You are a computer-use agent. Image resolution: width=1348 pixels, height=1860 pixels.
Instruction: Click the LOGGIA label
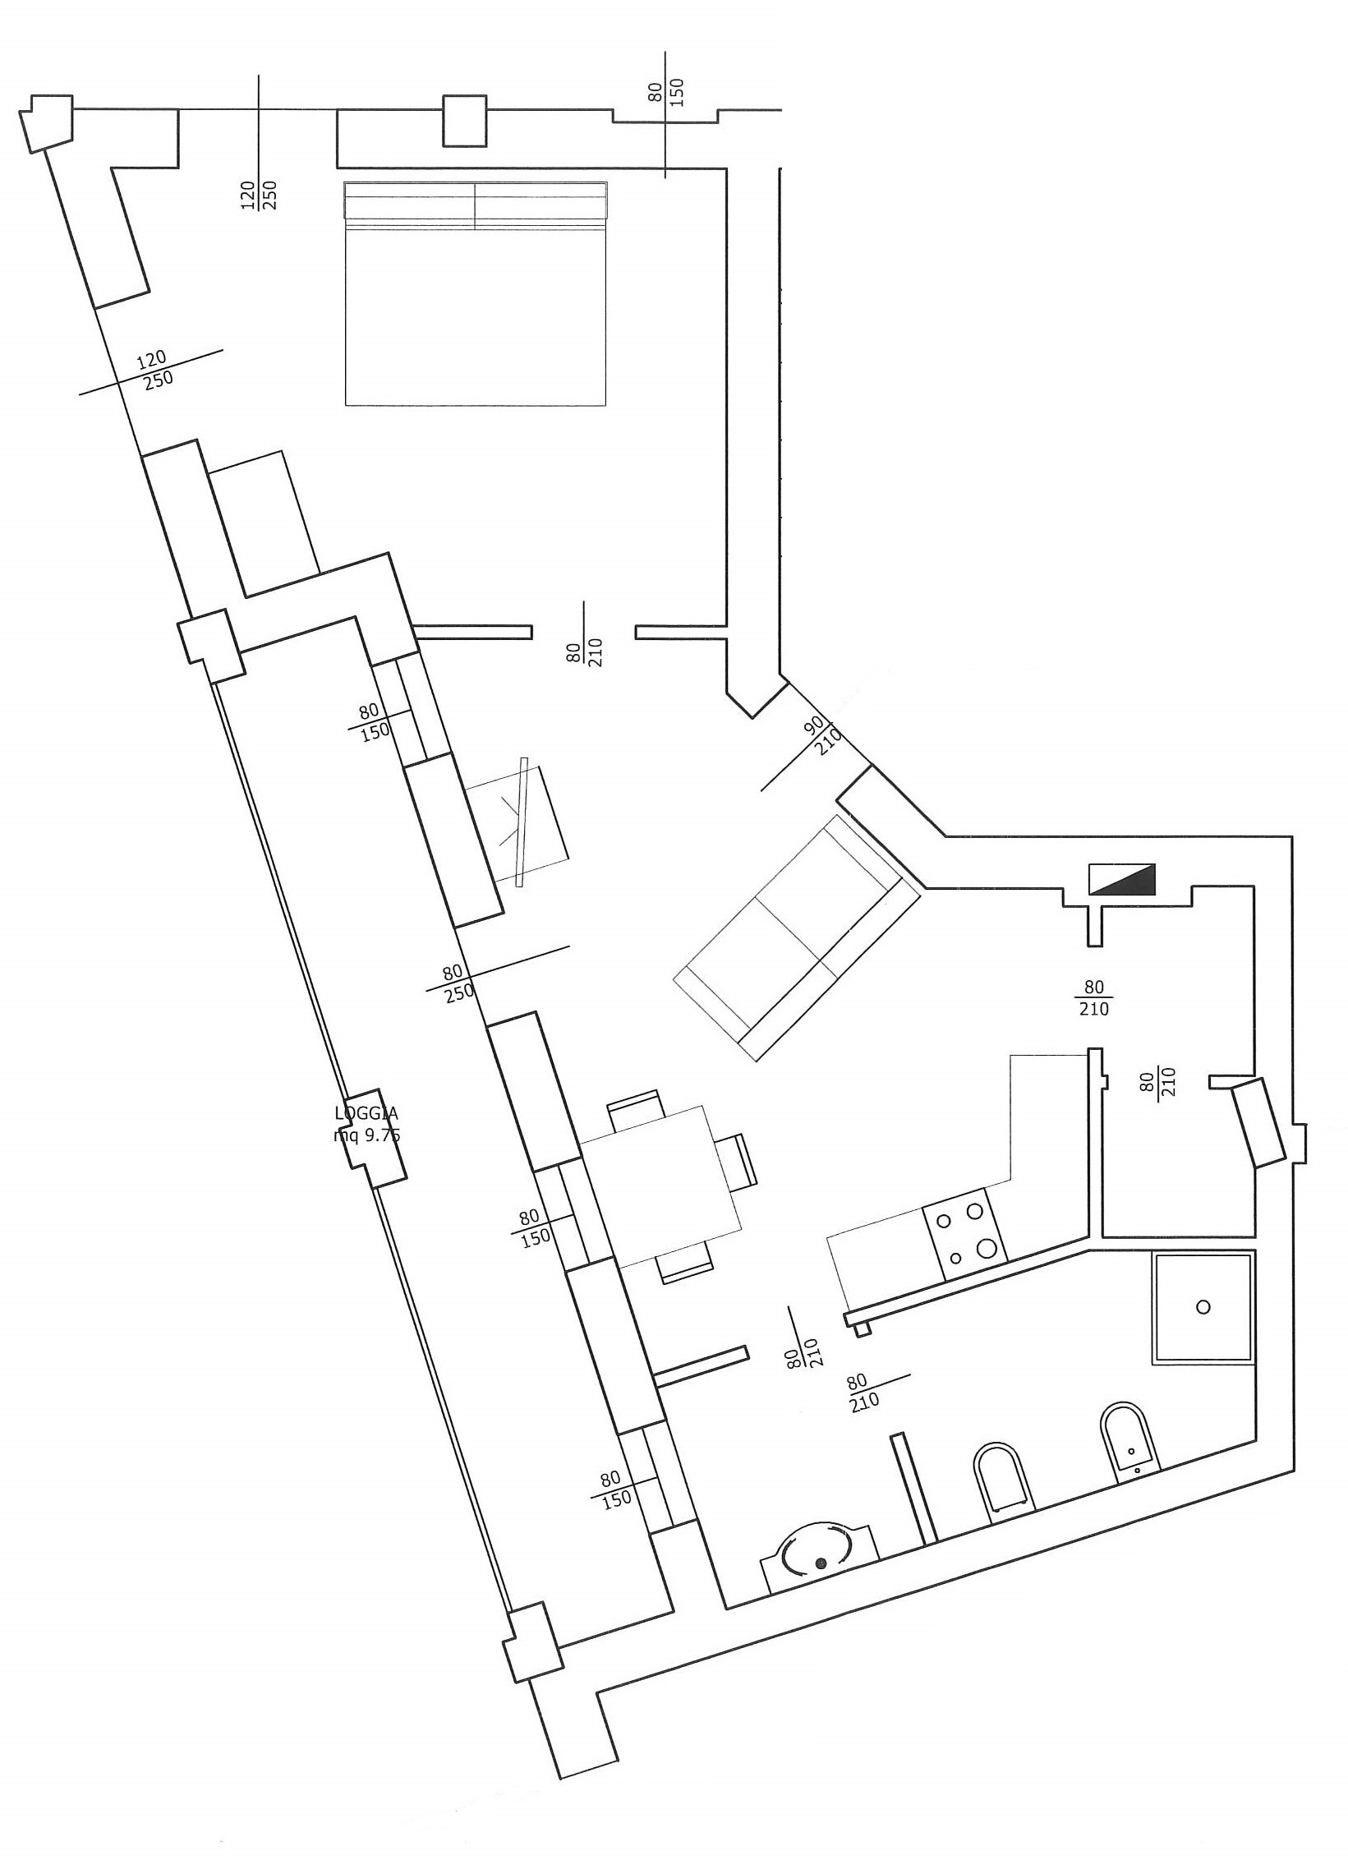coord(366,1114)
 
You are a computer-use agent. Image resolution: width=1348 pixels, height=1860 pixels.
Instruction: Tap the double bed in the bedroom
coord(476,293)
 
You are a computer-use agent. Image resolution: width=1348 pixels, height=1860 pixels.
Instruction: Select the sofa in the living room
coord(796,937)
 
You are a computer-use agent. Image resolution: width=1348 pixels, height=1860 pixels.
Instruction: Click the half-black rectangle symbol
coord(1121,878)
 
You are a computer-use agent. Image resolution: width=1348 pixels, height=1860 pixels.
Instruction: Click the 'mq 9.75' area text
coord(366,1135)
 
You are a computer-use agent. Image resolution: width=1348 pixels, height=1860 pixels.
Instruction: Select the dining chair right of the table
coord(736,1160)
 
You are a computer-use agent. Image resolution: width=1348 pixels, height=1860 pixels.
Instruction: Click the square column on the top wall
coord(465,121)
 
